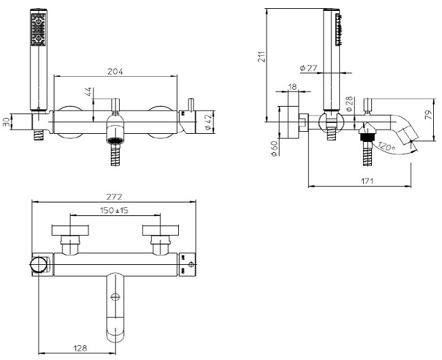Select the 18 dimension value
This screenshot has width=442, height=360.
tap(293, 86)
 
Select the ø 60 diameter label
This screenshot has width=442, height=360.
tap(273, 147)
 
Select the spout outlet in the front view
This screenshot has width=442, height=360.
tap(116, 142)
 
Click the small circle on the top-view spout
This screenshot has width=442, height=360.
tap(115, 296)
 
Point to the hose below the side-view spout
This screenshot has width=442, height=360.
tap(368, 155)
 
